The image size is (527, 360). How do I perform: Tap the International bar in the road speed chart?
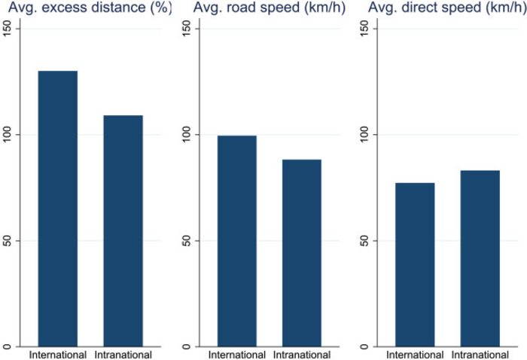coord(232,241)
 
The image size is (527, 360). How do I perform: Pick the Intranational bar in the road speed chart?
coord(297,253)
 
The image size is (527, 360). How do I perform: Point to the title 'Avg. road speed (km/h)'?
coord(267,8)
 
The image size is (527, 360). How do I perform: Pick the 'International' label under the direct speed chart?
coord(414,355)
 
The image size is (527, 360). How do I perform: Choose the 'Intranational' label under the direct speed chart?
coord(480,355)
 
